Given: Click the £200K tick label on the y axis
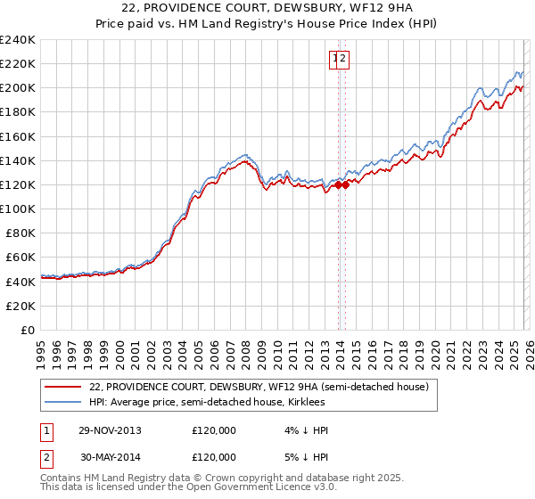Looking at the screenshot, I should pyautogui.click(x=17, y=88).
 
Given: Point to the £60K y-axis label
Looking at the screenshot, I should pyautogui.click(x=21, y=257).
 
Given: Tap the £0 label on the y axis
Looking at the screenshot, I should pyautogui.click(x=29, y=330).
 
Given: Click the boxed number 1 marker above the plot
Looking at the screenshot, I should pyautogui.click(x=335, y=60).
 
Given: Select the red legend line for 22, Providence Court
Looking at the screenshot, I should pyautogui.click(x=63, y=387).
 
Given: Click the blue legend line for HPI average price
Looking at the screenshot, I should pyautogui.click(x=63, y=403).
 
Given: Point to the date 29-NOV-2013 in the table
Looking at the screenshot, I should pyautogui.click(x=111, y=430).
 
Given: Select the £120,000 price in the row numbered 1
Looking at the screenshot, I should pyautogui.click(x=214, y=430).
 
